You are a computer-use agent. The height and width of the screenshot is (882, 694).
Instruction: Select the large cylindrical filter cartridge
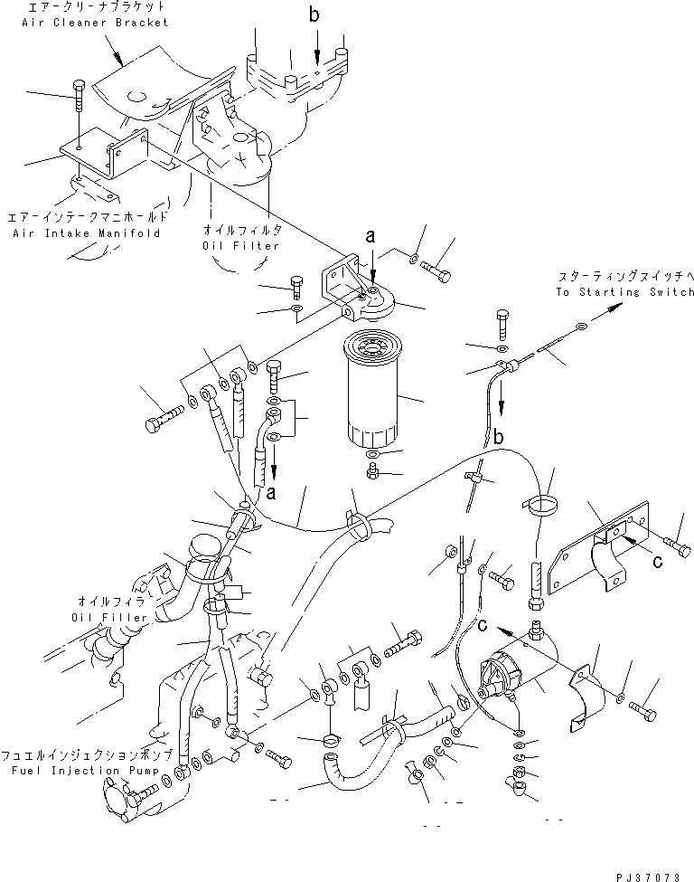(x=372, y=391)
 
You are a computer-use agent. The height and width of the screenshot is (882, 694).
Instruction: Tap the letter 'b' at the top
(x=314, y=15)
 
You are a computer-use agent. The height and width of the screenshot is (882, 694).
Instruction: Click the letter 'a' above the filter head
(x=370, y=237)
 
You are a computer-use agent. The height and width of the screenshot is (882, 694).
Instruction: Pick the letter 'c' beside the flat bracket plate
(x=659, y=562)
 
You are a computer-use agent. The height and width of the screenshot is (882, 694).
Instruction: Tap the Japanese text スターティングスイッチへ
(x=624, y=277)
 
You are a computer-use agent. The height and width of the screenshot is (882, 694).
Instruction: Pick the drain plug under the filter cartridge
(x=373, y=470)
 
